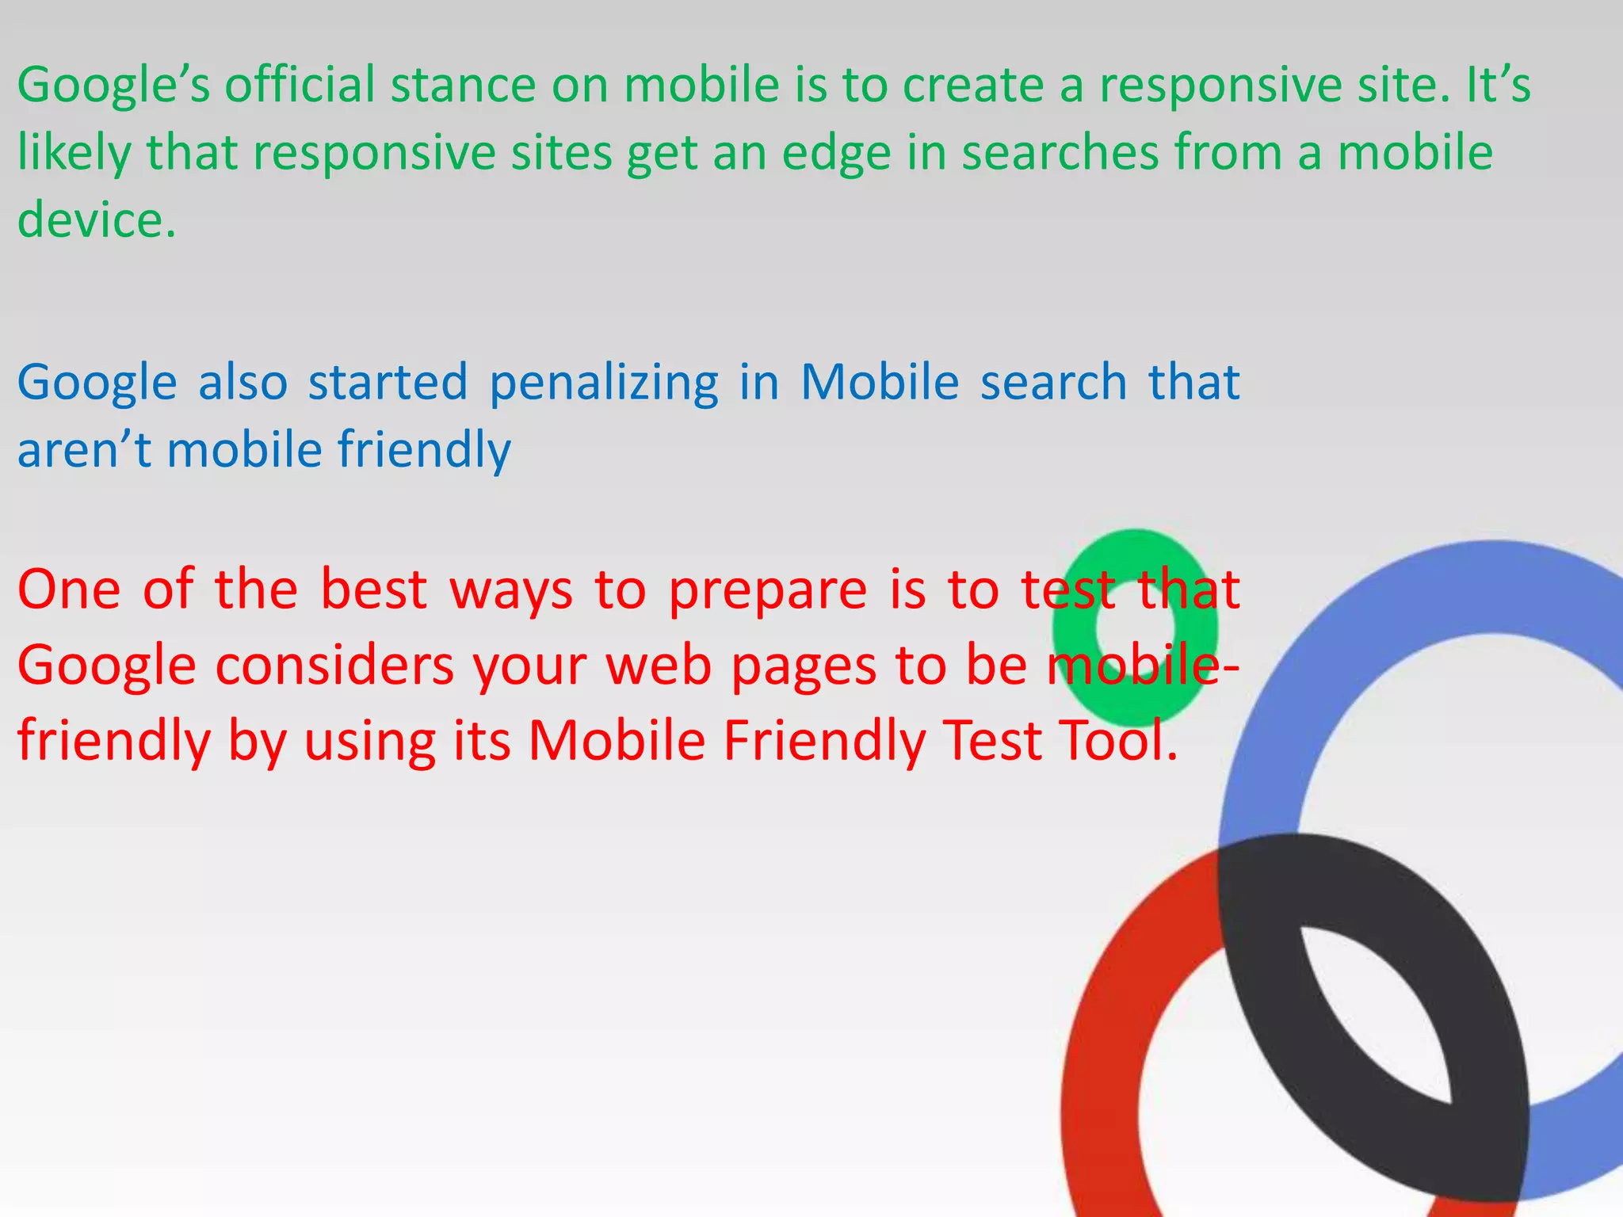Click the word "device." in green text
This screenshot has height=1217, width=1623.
pos(97,220)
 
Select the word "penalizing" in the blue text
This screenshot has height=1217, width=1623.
pos(604,383)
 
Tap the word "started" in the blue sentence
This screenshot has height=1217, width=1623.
pos(388,382)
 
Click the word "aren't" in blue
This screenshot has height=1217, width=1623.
pos(84,450)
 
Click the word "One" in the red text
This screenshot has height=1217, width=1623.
pos(69,590)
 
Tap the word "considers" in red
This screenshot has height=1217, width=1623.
pos(334,666)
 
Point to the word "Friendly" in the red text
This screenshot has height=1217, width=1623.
pos(824,742)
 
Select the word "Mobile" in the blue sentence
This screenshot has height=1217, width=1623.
pos(880,382)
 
